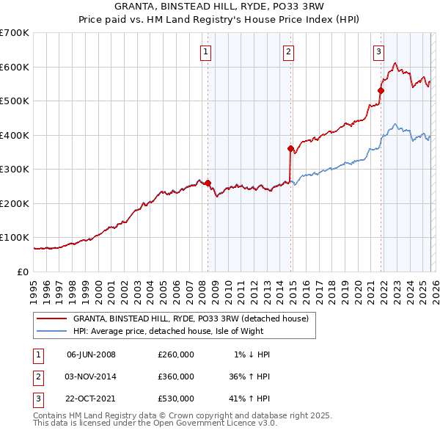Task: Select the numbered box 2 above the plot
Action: pyautogui.click(x=289, y=51)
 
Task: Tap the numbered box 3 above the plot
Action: pyautogui.click(x=378, y=51)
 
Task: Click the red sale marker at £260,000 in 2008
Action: pyautogui.click(x=208, y=183)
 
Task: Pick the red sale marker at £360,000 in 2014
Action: pyautogui.click(x=291, y=149)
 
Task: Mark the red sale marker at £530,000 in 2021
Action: pyautogui.click(x=381, y=91)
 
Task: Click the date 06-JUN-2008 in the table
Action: pyautogui.click(x=91, y=354)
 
